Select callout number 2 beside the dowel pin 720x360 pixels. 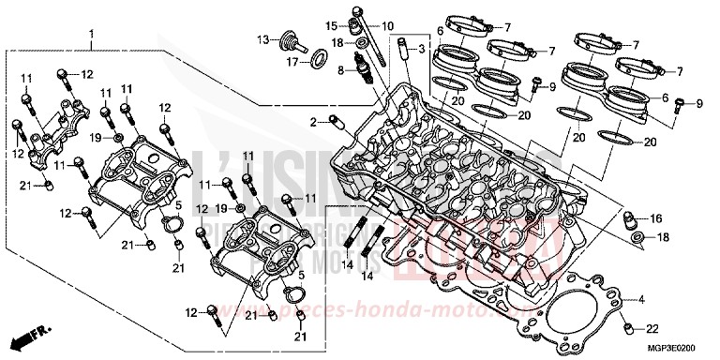pos(316,121)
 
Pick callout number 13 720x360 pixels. pos(264,38)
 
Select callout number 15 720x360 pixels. pos(331,24)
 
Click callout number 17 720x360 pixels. pos(292,63)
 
